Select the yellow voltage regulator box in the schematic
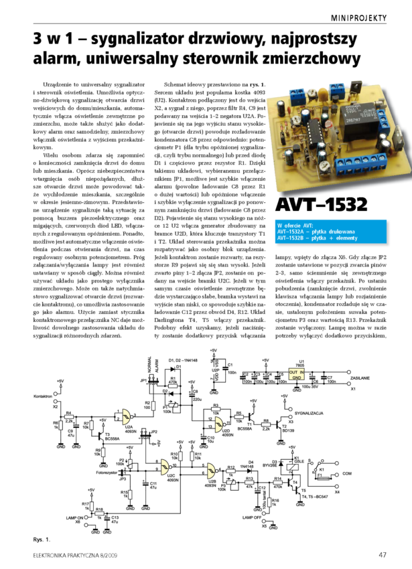pyautogui.click(x=296, y=375)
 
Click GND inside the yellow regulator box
pyautogui.click(x=296, y=379)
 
